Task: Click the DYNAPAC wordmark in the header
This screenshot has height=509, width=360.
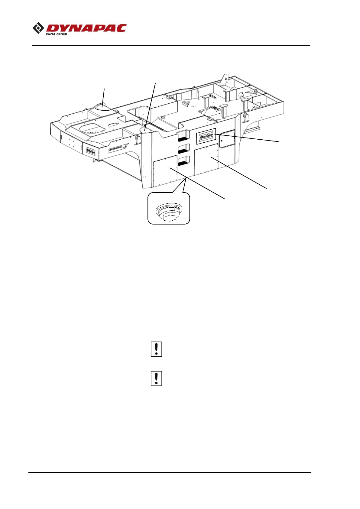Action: pyautogui.click(x=86, y=28)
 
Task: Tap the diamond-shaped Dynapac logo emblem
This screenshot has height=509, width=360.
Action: pyautogui.click(x=38, y=29)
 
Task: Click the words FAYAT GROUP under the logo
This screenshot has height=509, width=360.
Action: pyautogui.click(x=57, y=34)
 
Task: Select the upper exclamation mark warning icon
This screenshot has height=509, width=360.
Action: pyautogui.click(x=156, y=349)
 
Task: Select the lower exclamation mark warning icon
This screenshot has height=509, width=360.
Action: pyautogui.click(x=156, y=378)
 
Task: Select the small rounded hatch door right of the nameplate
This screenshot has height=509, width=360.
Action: pyautogui.click(x=226, y=139)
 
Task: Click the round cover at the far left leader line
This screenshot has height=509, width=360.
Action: pyautogui.click(x=102, y=107)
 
